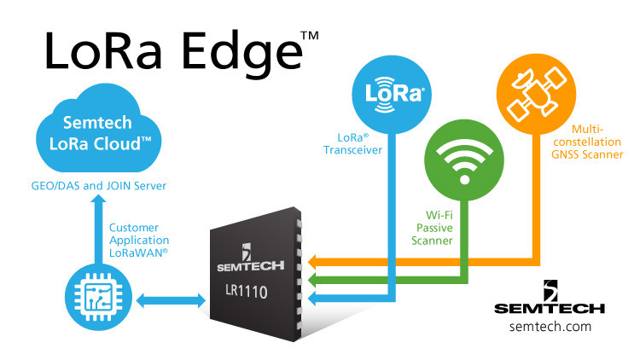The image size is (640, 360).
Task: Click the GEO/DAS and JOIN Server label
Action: (105, 185)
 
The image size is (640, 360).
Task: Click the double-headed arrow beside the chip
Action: (163, 300)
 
